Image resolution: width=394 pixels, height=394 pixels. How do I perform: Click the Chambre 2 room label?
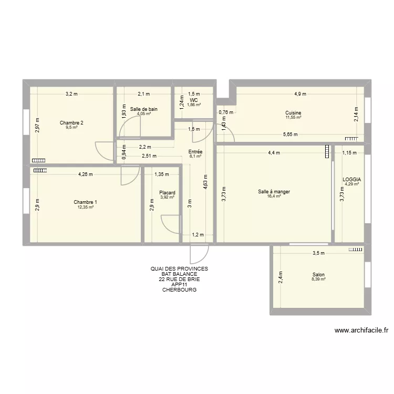71,122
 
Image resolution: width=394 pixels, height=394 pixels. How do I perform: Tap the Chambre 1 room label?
85,202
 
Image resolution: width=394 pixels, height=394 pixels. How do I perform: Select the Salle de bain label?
144,109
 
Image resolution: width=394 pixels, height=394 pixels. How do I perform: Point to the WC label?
194,100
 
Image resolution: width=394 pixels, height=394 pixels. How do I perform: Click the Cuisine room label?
293,112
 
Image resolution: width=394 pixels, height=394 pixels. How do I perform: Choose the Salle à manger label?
274,192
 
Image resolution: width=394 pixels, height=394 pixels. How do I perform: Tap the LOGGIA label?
351,179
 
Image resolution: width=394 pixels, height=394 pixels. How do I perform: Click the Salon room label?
318,275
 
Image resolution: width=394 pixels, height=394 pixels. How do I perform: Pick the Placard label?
167,193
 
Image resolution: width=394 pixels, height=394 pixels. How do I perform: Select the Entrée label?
195,151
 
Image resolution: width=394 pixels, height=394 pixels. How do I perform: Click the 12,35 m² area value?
85,208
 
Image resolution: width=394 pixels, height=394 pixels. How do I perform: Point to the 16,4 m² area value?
274,197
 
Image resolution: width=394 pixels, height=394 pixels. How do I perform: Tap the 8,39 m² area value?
318,279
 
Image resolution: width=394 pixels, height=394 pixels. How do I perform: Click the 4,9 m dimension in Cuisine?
300,94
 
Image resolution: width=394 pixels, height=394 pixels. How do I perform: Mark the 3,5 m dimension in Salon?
318,253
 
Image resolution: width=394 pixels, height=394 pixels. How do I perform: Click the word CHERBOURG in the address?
179,289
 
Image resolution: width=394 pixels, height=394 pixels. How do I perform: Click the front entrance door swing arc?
200,255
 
